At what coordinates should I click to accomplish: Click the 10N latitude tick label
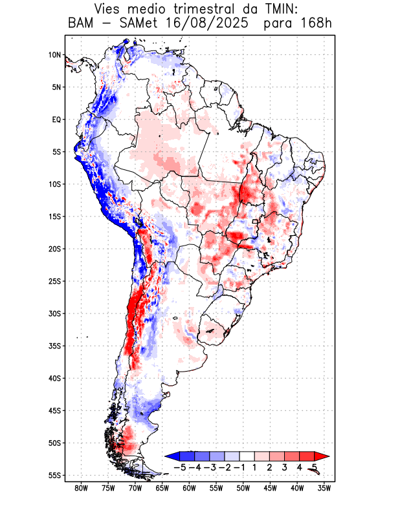click(x=54, y=55)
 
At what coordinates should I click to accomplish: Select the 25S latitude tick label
click(x=54, y=281)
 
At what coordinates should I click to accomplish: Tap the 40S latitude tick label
click(x=54, y=378)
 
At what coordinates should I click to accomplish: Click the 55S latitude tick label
click(x=54, y=476)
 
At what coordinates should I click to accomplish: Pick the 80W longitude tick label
click(x=82, y=488)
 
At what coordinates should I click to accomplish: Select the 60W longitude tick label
click(x=190, y=488)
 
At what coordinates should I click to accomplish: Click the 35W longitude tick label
click(x=325, y=488)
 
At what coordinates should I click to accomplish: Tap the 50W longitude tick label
click(x=243, y=488)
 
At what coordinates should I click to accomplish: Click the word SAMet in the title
click(x=135, y=25)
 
